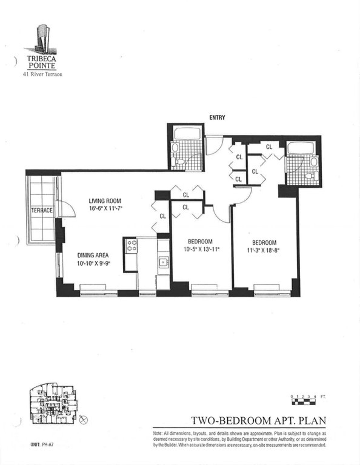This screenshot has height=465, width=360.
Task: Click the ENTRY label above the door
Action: [217, 118]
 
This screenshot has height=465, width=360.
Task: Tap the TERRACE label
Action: [42, 210]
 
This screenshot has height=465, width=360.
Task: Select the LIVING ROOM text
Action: [105, 201]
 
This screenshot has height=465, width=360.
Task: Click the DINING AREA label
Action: [93, 255]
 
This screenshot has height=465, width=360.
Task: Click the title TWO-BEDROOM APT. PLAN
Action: [258, 420]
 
